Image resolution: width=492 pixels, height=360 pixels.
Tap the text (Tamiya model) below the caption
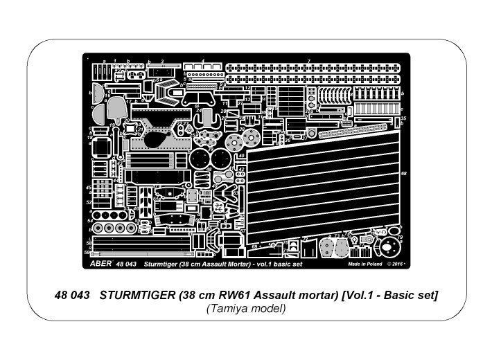click(x=245, y=309)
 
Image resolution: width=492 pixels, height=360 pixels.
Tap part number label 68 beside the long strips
click(x=403, y=173)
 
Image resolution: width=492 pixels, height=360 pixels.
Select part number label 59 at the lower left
click(x=88, y=252)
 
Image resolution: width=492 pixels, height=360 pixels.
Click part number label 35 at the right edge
click(x=403, y=119)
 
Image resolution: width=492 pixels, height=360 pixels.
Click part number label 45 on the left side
click(x=89, y=188)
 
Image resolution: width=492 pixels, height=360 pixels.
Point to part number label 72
click(x=306, y=237)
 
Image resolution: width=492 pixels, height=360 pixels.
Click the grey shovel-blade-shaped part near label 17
click(x=116, y=107)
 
